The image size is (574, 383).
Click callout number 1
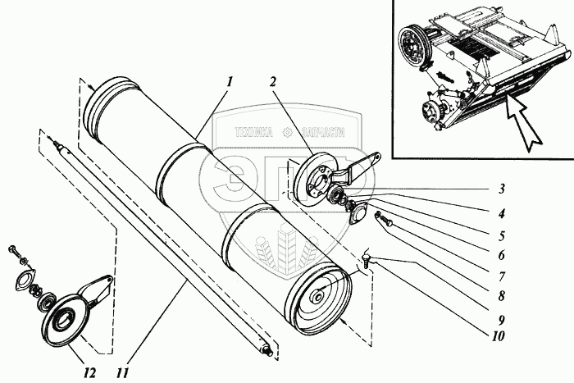[x=230, y=82]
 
